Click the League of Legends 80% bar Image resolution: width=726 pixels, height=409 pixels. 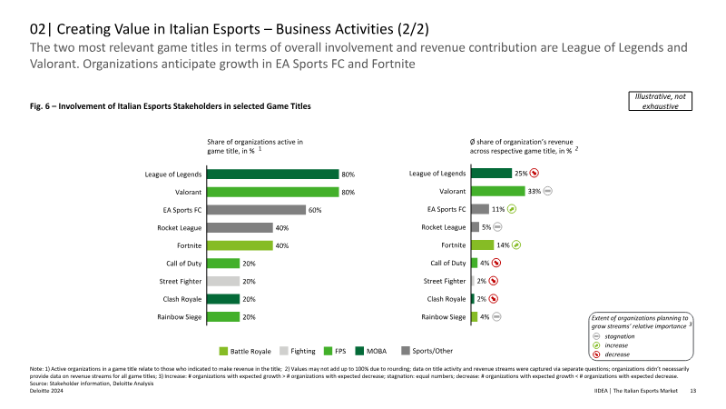click(x=273, y=175)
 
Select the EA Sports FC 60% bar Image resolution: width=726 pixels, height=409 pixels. click(x=257, y=210)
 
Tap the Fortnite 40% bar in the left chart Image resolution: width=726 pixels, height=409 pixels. click(x=240, y=245)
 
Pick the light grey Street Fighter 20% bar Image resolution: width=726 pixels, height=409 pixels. click(x=223, y=282)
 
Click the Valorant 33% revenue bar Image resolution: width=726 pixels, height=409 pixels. click(x=498, y=191)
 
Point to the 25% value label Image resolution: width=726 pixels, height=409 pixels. click(x=521, y=174)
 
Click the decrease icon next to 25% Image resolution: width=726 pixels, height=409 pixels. click(x=535, y=173)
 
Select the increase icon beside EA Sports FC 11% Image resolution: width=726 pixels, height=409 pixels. click(x=512, y=209)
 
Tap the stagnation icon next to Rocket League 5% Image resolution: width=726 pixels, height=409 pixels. click(x=497, y=226)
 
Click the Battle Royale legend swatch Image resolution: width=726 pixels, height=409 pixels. click(x=223, y=351)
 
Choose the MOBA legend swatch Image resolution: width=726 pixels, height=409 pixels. click(x=359, y=351)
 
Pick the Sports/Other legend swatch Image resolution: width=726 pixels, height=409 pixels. click(x=406, y=351)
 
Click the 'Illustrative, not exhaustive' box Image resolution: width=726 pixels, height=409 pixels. click(x=661, y=101)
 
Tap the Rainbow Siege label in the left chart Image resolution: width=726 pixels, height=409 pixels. click(x=179, y=317)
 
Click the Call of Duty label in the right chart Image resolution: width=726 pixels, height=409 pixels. click(x=448, y=263)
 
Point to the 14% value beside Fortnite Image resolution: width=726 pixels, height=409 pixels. click(x=503, y=245)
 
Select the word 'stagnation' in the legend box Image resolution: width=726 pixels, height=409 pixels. click(x=620, y=336)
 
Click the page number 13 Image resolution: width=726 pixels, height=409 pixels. click(x=693, y=391)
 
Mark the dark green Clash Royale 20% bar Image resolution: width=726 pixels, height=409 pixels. click(x=223, y=299)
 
